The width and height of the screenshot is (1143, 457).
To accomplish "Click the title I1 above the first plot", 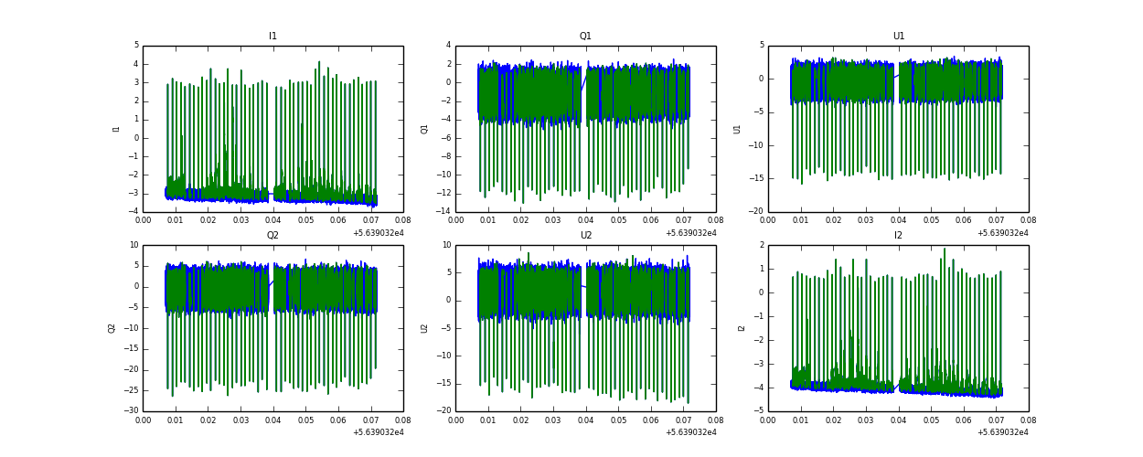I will (272, 37).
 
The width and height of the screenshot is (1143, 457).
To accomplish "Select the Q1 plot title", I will (585, 37).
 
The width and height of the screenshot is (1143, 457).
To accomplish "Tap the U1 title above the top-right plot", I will (899, 37).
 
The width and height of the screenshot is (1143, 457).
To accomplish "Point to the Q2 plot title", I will (272, 236).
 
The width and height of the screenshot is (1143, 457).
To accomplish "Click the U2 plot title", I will (585, 236).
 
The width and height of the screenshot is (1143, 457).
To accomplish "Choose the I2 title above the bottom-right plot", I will (899, 236).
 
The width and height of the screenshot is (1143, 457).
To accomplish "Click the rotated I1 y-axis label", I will (116, 129).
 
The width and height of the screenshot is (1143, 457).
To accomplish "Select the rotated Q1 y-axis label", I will (424, 129).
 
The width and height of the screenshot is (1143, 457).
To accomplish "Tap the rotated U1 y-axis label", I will (737, 129).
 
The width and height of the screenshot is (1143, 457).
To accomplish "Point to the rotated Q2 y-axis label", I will (112, 328).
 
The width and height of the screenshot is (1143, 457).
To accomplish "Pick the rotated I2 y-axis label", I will (742, 328).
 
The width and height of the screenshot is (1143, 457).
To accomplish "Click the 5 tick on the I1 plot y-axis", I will (136, 45).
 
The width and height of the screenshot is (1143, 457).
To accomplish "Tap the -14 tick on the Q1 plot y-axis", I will (444, 212).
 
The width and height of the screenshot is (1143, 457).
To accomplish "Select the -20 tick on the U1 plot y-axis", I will (757, 212).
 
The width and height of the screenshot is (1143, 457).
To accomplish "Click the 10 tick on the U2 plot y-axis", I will (446, 245).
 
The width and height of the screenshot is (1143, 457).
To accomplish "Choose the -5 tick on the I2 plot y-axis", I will (759, 411).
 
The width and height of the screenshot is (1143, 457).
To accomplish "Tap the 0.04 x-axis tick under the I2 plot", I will (899, 419).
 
